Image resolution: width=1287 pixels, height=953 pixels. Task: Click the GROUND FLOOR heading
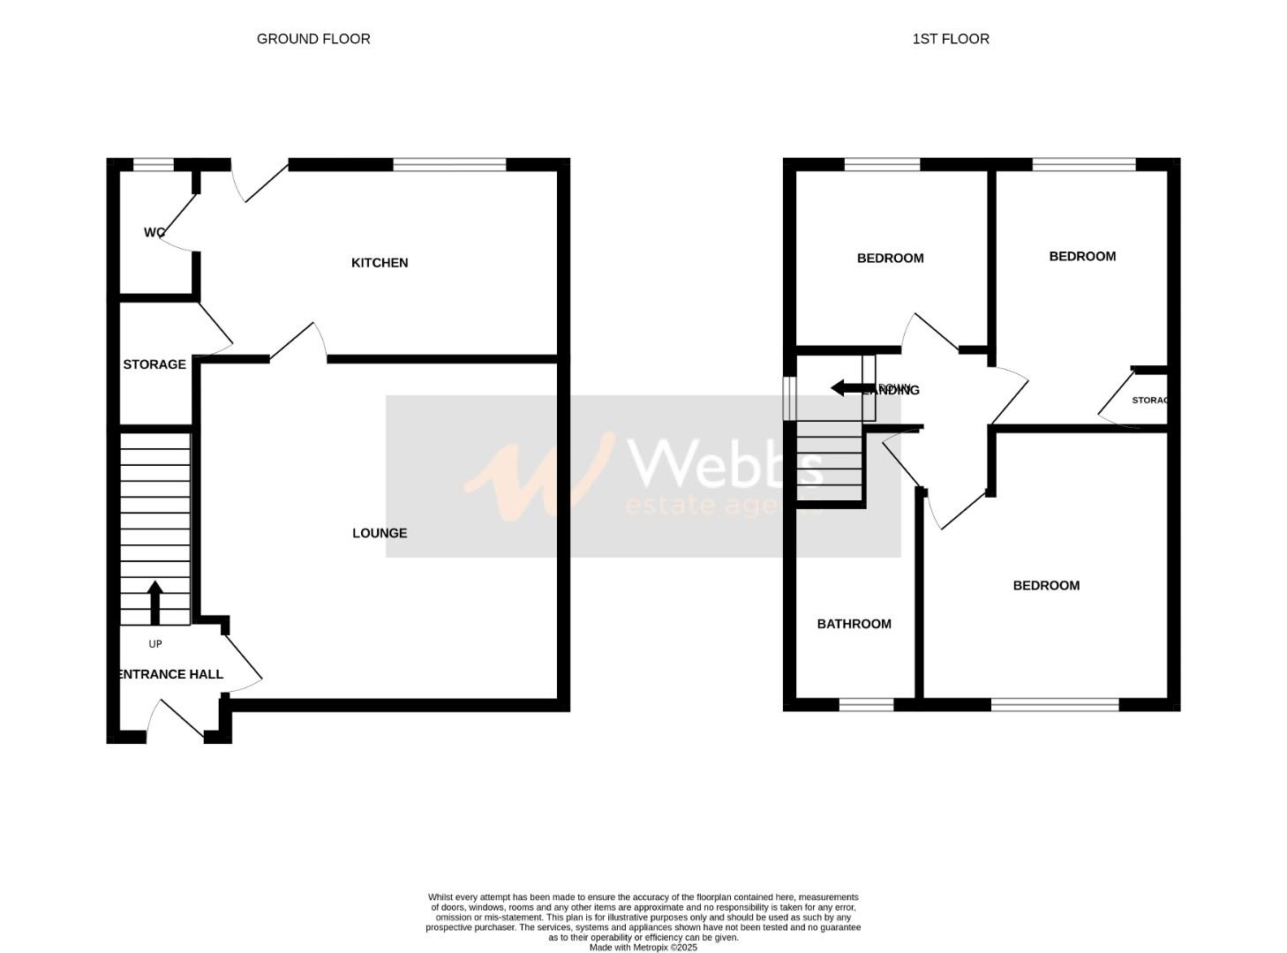tap(313, 39)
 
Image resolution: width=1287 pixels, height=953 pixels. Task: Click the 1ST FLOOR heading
tap(951, 39)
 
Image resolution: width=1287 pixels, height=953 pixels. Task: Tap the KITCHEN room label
tap(380, 263)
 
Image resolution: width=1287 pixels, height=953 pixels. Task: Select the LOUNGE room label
tap(380, 533)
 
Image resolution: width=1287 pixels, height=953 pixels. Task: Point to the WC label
tap(154, 233)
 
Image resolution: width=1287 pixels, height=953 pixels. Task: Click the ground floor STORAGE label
tap(154, 364)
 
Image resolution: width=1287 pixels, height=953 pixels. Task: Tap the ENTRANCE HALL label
tap(170, 674)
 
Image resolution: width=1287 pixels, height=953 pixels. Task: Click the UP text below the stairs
tap(155, 644)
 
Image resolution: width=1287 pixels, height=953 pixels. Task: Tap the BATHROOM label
tap(854, 624)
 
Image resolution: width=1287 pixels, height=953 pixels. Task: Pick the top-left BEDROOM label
tap(890, 259)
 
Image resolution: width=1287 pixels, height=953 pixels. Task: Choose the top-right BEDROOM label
tap(1082, 257)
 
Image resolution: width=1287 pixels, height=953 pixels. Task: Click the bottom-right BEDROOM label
tap(1046, 586)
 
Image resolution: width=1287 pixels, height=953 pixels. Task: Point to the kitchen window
tap(449, 164)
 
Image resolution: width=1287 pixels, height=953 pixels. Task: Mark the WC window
tap(154, 164)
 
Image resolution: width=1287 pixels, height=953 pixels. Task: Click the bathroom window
tap(866, 704)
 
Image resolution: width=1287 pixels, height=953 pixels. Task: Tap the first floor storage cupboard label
tap(1150, 401)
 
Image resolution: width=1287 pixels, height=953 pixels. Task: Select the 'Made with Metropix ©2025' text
tap(643, 948)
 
